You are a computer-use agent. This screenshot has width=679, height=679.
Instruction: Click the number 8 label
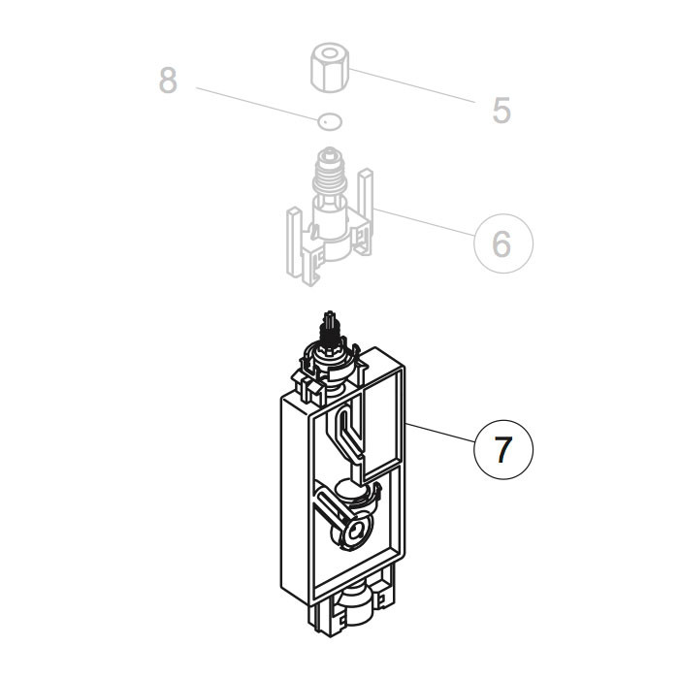[x=169, y=81]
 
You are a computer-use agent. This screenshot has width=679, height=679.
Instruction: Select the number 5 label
[x=501, y=111]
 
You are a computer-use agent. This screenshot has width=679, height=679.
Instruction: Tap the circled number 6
[x=502, y=242]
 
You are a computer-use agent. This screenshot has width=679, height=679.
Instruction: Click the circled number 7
[x=503, y=451]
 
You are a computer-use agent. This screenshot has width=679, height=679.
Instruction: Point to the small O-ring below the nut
[x=330, y=121]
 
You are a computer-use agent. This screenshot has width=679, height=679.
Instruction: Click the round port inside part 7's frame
[x=353, y=529]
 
